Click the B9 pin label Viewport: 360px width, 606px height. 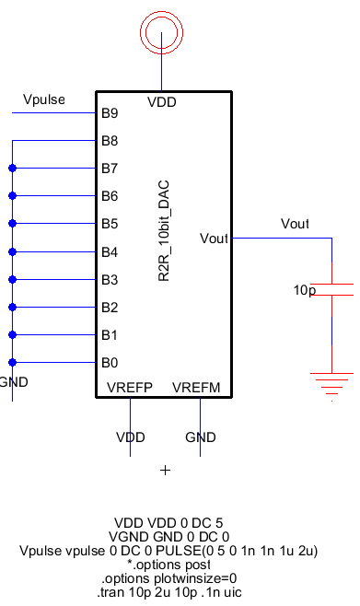pos(110,113)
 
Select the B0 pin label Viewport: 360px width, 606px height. pos(110,362)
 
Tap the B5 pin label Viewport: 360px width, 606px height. pos(110,224)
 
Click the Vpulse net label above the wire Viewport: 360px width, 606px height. pos(43,99)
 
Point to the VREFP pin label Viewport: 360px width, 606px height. pos(130,386)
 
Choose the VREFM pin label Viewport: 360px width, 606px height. pos(196,386)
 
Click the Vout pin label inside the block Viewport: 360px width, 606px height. pos(215,239)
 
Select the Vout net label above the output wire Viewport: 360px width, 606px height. pos(295,224)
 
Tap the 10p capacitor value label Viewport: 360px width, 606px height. pos(305,289)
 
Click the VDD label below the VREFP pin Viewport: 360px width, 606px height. pos(130,437)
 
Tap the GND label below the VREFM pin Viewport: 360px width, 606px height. pos(200,437)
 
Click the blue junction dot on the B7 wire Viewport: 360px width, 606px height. pos(13,169)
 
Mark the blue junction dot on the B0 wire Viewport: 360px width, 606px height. pos(13,362)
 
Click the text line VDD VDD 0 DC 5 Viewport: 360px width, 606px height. pos(168,523)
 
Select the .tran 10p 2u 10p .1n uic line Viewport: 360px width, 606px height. pos(168,592)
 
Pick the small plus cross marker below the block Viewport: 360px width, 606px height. pos(166,471)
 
